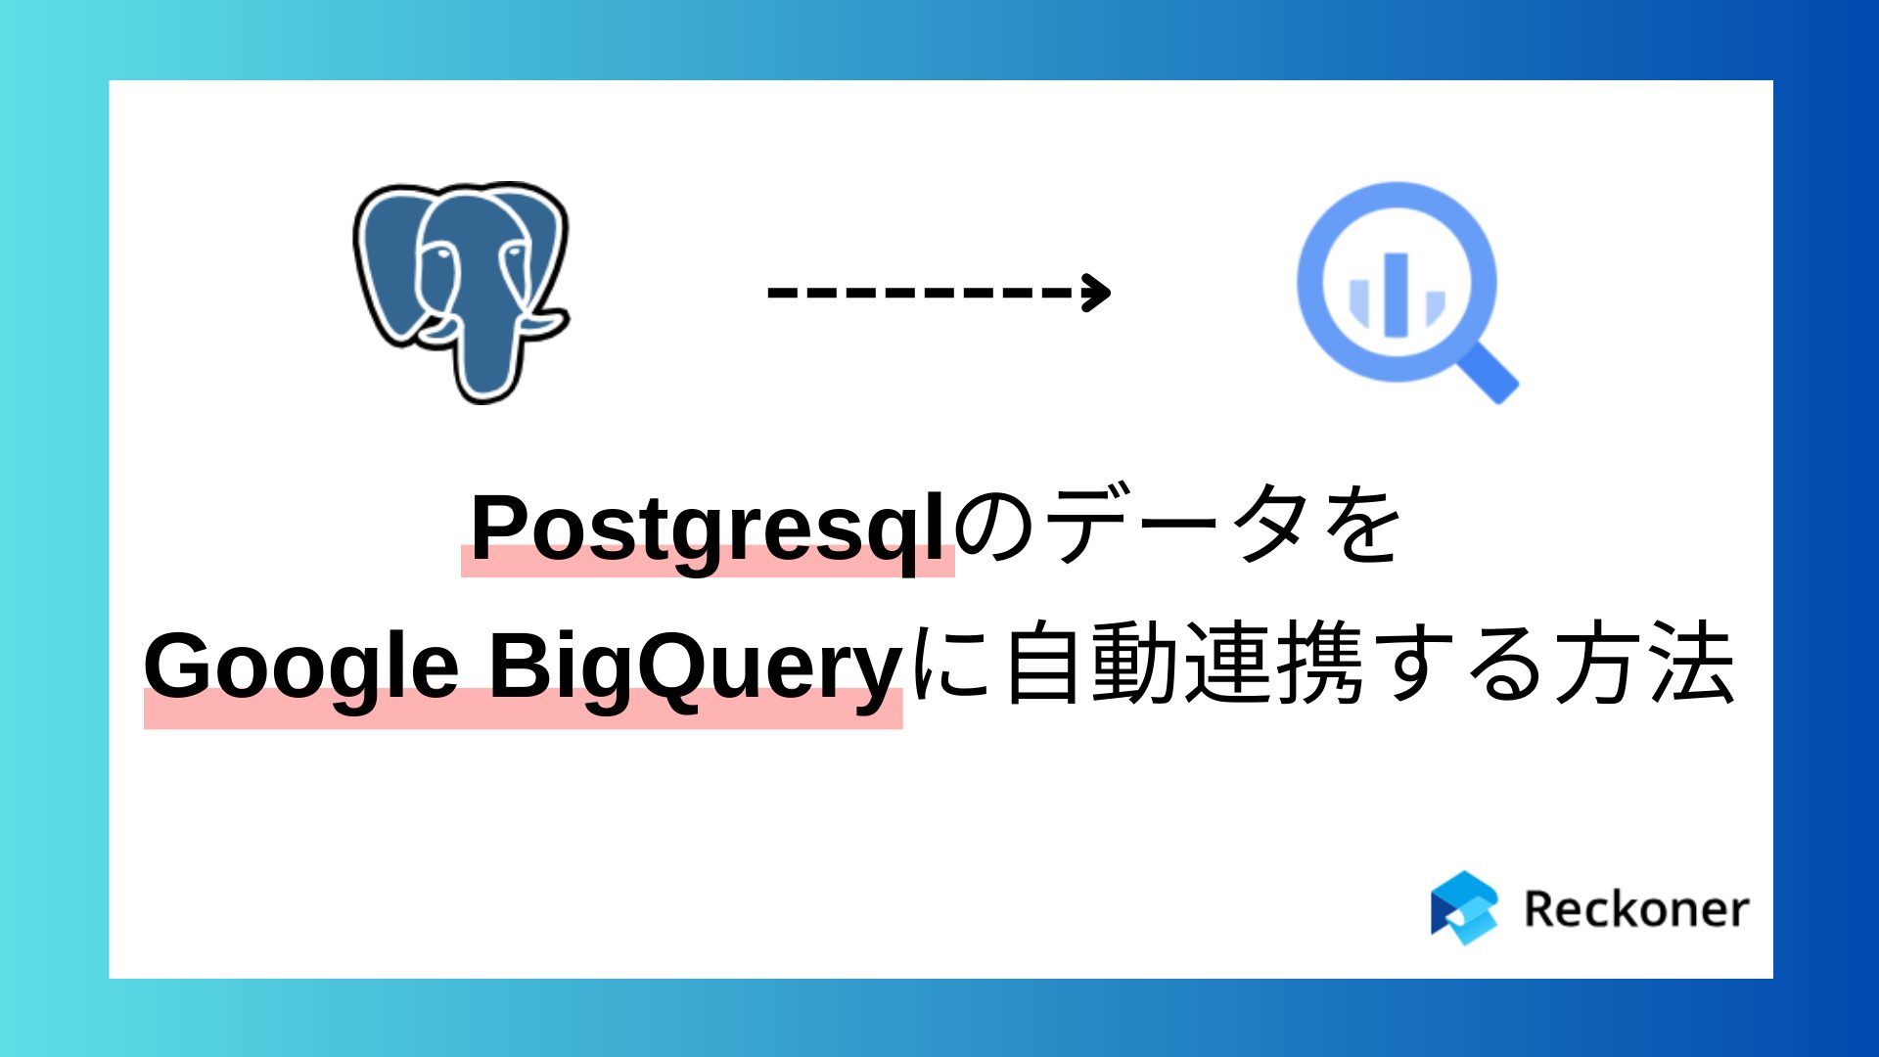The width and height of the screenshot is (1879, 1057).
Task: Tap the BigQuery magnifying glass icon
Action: click(x=1398, y=284)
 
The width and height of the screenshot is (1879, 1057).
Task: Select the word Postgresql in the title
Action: click(x=707, y=528)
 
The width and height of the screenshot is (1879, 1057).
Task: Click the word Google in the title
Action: click(x=301, y=666)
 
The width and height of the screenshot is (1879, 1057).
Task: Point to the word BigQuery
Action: click(x=695, y=666)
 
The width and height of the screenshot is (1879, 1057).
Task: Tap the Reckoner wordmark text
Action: click(x=1635, y=909)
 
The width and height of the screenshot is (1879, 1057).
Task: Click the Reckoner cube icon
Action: click(x=1464, y=907)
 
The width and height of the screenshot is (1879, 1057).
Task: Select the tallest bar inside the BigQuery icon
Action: click(x=1397, y=295)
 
